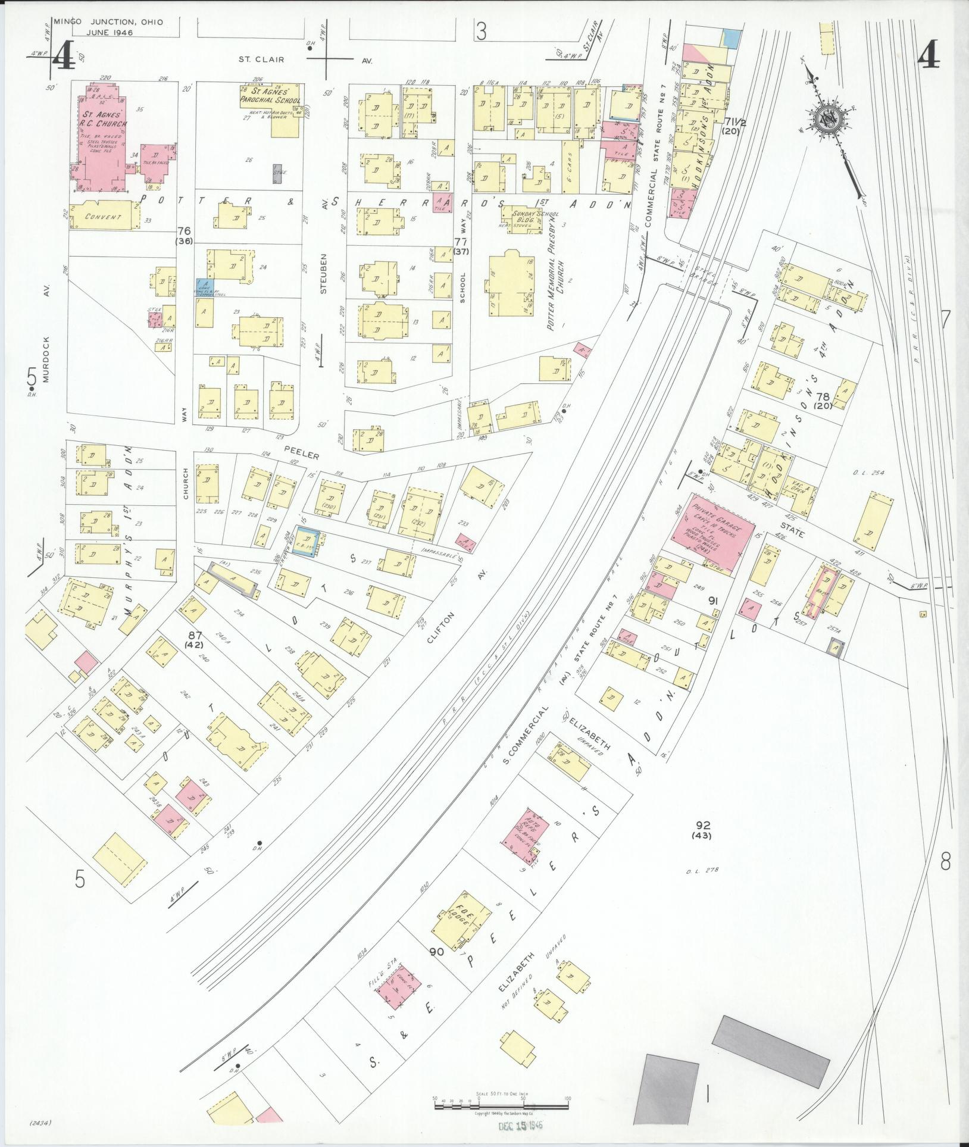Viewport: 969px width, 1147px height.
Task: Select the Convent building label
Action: pyautogui.click(x=103, y=217)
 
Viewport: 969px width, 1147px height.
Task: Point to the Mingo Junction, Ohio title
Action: pyautogui.click(x=108, y=23)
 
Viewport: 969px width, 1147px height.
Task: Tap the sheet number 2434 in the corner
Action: pyautogui.click(x=40, y=1123)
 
